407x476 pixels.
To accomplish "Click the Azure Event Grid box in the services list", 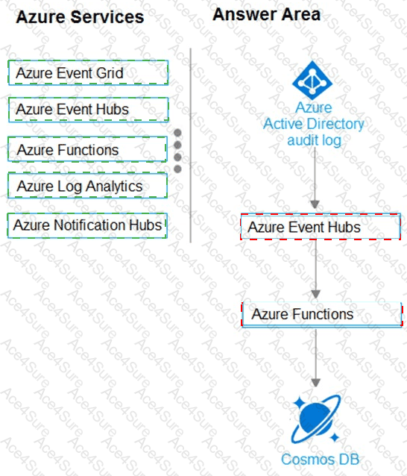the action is click(x=88, y=72).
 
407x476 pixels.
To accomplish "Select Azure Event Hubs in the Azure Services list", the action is click(x=88, y=110).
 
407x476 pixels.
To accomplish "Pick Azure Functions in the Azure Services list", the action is click(x=87, y=149).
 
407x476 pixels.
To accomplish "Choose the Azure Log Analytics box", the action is click(x=87, y=186).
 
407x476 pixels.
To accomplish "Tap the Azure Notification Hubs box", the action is click(x=87, y=225).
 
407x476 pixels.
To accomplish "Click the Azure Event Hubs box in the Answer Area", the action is click(x=321, y=227).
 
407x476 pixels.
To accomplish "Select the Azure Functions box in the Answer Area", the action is click(x=322, y=314).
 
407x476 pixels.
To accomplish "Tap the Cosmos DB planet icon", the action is click(x=316, y=419).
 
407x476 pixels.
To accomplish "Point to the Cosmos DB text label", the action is click(x=320, y=459).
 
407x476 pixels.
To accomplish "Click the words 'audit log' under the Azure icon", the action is click(x=314, y=140).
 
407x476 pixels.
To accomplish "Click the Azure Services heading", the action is click(x=80, y=16).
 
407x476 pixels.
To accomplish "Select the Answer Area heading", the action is click(x=266, y=14).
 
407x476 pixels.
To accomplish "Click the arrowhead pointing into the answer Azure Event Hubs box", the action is click(x=315, y=204).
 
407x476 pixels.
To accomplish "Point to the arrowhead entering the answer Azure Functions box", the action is click(x=316, y=294).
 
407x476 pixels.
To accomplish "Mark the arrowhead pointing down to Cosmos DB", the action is click(x=316, y=383).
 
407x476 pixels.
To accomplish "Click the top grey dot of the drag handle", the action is click(x=177, y=133).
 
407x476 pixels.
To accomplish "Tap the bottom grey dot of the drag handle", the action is click(x=177, y=169).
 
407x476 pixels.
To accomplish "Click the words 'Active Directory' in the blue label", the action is click(x=314, y=124).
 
